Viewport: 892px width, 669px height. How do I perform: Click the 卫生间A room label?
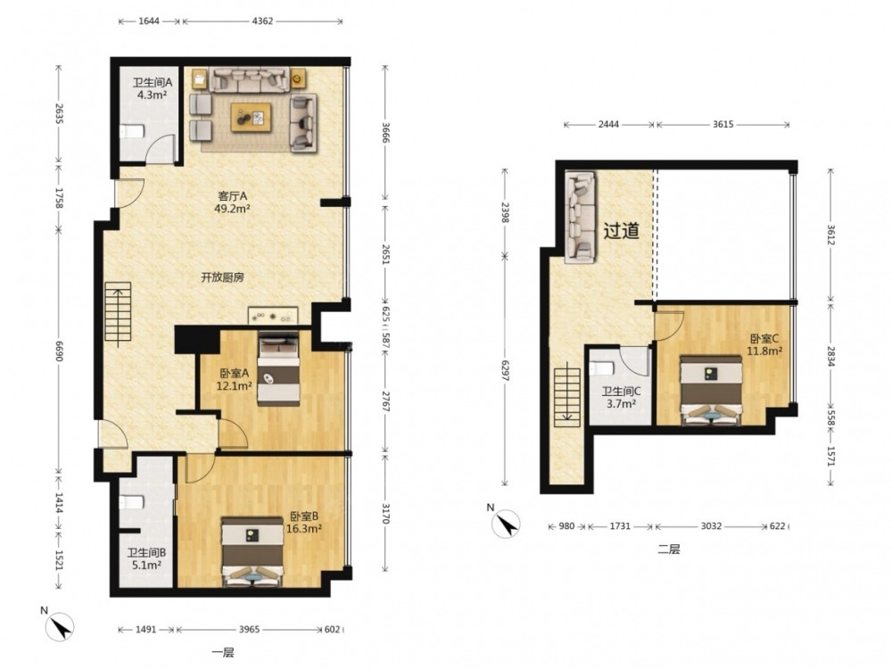coord(153,82)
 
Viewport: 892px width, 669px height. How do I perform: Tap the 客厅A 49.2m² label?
coord(233,202)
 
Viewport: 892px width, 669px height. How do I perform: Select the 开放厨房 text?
coord(222,277)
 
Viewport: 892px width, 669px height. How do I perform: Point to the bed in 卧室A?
coord(278,368)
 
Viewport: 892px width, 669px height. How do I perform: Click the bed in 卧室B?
coord(252,551)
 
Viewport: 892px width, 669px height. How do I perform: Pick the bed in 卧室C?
coord(711,391)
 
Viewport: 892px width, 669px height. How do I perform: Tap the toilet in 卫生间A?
coord(132,131)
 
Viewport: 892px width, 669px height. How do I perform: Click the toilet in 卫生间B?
coord(132,502)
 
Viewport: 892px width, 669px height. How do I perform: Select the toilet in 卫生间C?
coord(602,368)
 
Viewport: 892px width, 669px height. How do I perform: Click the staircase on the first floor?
coord(119,314)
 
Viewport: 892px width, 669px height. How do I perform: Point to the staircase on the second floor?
coord(567,397)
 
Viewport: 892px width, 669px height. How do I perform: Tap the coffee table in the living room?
coord(251,117)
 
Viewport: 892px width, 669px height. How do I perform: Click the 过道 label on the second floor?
coord(621,230)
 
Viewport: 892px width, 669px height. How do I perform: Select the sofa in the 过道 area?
coord(580,218)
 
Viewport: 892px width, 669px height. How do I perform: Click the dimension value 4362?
coord(262,21)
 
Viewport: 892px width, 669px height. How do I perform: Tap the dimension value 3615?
coord(723,125)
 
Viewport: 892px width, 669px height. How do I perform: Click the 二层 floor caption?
coord(668,549)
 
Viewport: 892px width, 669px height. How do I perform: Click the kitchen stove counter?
coord(273,316)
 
